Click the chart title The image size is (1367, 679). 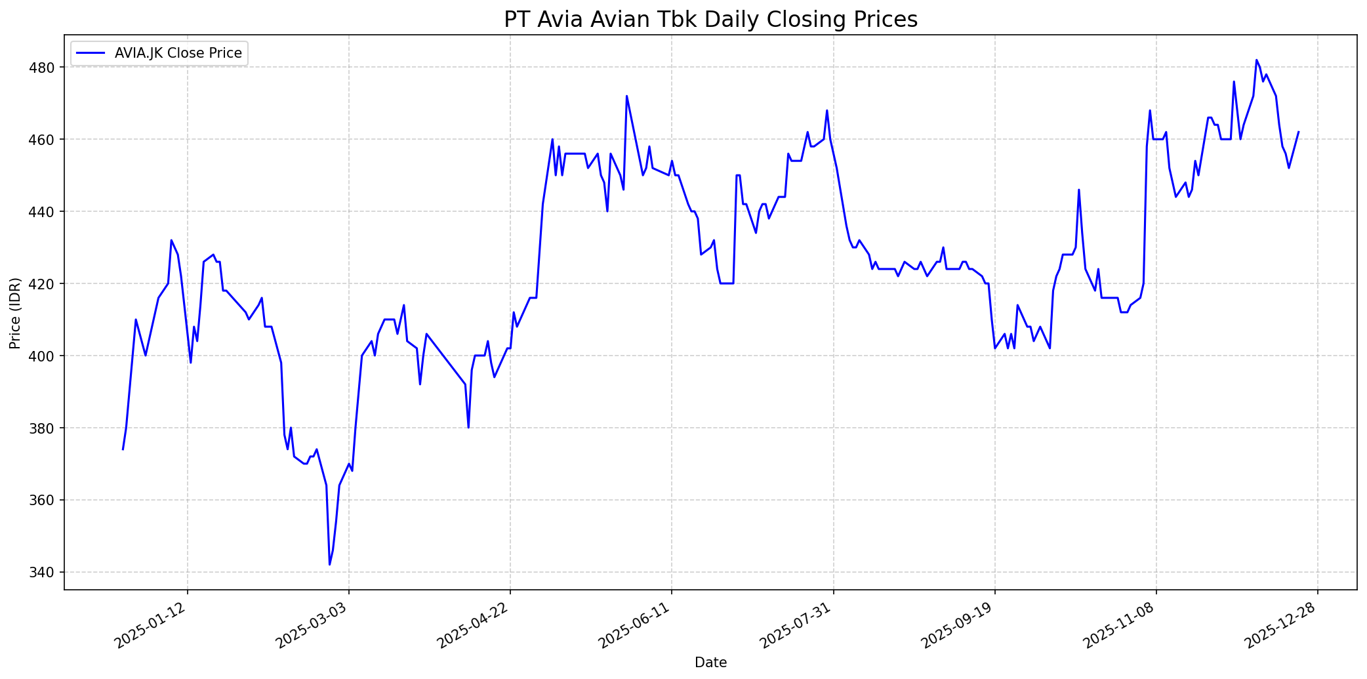[710, 20]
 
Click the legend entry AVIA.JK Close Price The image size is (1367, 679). [178, 53]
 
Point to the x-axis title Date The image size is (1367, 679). [710, 663]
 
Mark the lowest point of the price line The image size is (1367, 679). [329, 564]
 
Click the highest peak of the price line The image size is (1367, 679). [1256, 60]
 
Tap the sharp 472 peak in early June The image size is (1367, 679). [626, 96]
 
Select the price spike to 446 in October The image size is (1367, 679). [1079, 190]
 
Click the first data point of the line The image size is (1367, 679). [123, 449]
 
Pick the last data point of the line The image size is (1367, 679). [1298, 132]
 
